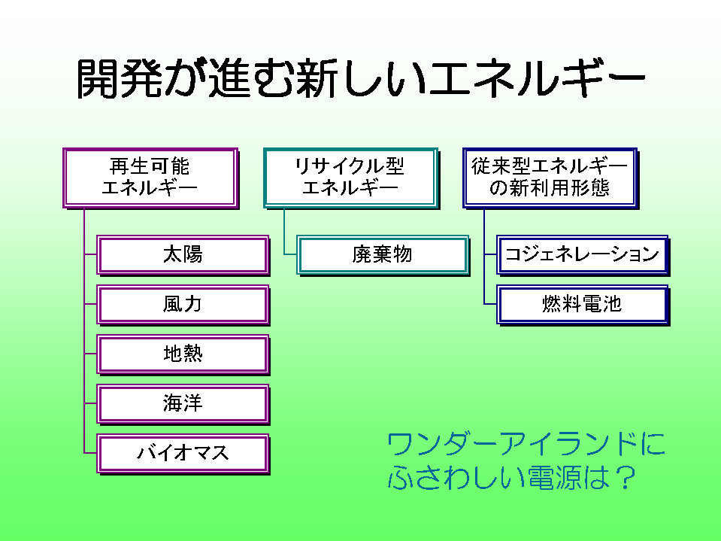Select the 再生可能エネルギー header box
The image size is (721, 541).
[x=150, y=177]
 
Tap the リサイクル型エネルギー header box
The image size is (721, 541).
[x=350, y=177]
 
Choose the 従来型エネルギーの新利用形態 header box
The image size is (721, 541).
[x=550, y=177]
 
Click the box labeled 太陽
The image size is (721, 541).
[x=183, y=254]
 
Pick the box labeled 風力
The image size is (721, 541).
[x=183, y=304]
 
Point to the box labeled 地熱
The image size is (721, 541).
[x=183, y=354]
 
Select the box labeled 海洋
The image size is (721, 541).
[x=183, y=403]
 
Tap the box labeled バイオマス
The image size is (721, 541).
[x=183, y=453]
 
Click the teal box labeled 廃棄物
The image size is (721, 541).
[x=383, y=254]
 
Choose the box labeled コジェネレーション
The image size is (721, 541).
[x=583, y=254]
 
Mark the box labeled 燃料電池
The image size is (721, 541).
[x=583, y=304]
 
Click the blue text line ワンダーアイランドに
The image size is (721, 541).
[x=526, y=445]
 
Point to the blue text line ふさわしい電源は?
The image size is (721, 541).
[x=511, y=479]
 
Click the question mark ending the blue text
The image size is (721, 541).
[x=621, y=479]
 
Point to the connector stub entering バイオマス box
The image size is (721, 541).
[x=90, y=453]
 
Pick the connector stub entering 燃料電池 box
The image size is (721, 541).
[x=490, y=304]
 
